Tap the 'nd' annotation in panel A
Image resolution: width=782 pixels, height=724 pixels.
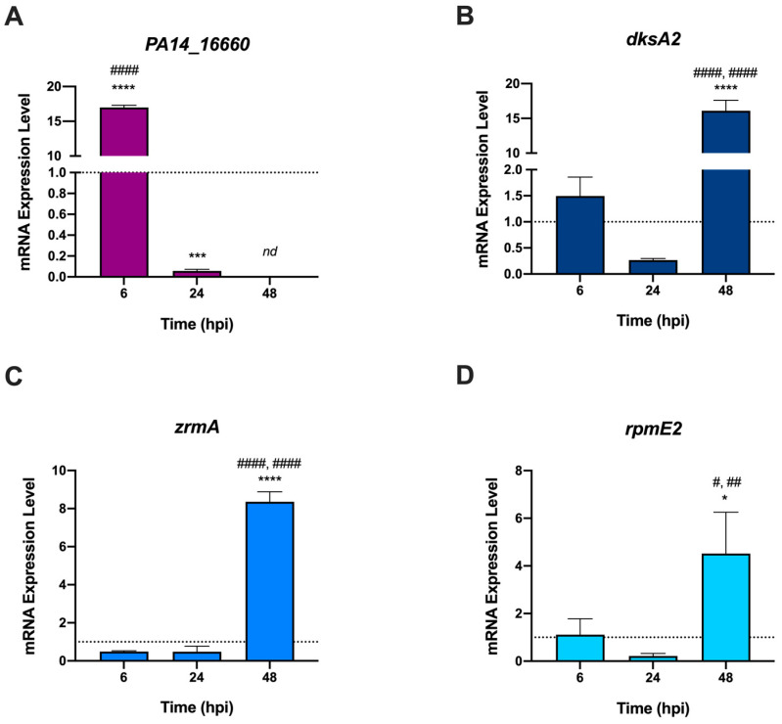click(269, 252)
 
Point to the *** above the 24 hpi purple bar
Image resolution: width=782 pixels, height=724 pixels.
click(196, 256)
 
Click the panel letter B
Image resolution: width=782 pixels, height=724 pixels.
click(410, 21)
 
